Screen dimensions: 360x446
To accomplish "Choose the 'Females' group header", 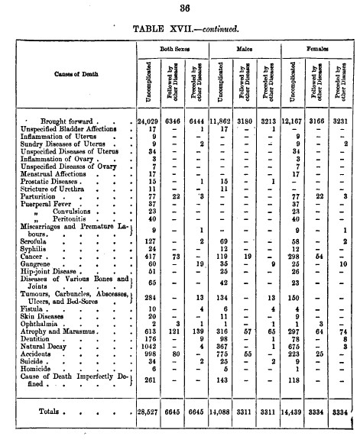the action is pos(318,48).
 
